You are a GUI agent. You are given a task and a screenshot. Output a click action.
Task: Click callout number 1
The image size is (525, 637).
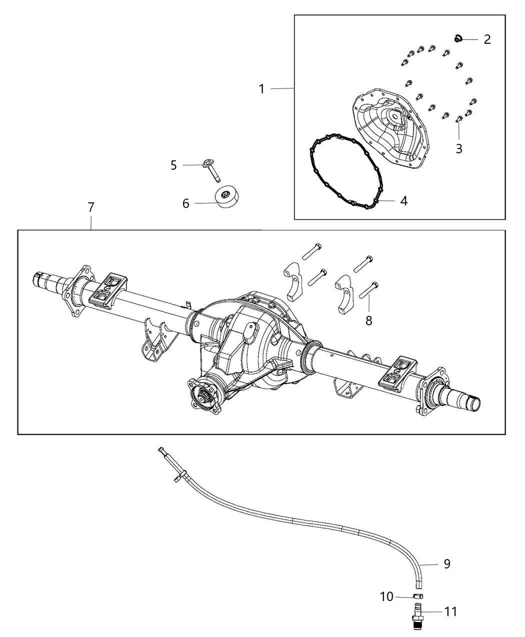point(261,89)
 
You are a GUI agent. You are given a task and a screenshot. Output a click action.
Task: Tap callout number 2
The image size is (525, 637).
point(487,39)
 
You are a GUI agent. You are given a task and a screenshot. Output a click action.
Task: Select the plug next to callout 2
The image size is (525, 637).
point(457,38)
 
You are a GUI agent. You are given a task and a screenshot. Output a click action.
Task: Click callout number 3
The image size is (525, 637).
point(458,148)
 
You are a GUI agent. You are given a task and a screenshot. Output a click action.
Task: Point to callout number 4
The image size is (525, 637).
point(403,201)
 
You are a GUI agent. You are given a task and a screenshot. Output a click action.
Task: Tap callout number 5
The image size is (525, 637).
point(173,165)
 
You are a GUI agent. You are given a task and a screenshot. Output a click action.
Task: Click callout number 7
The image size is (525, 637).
point(90,207)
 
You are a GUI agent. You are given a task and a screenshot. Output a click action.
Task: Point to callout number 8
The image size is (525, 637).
point(369,321)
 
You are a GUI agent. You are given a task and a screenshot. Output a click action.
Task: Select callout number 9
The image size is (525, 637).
point(446,564)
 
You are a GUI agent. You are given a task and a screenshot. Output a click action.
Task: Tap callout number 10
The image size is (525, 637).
point(386,597)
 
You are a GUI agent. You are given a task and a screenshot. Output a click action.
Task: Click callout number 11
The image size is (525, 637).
point(451,612)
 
